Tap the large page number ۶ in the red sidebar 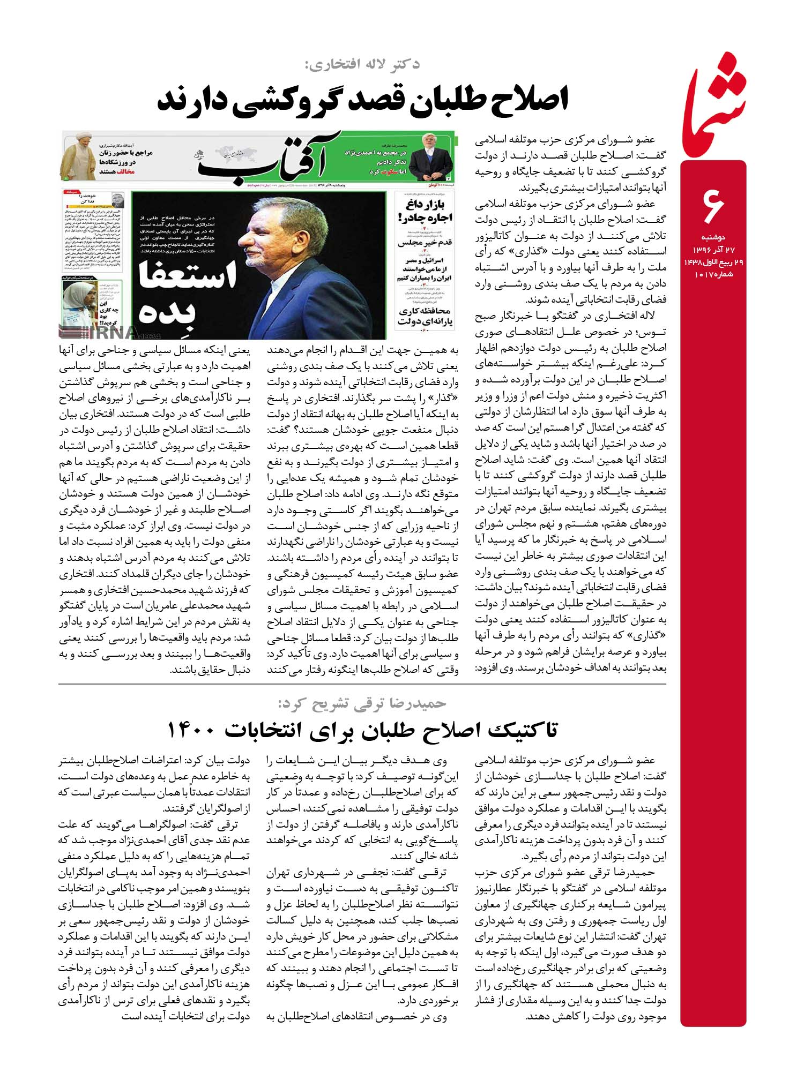pyautogui.click(x=713, y=206)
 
